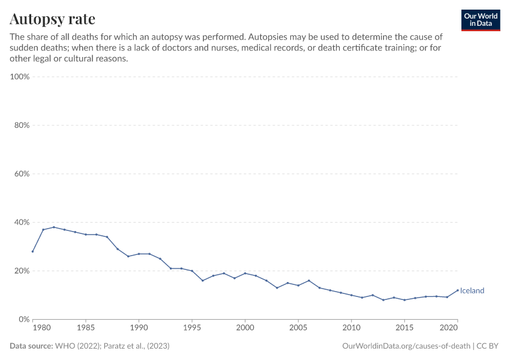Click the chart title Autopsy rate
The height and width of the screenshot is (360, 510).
(52, 19)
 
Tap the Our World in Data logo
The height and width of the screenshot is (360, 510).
(480, 20)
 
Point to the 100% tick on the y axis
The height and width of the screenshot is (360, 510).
(20, 77)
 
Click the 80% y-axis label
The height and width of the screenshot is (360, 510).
(22, 125)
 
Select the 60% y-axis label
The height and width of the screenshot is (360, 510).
(22, 174)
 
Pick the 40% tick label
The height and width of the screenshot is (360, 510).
(22, 222)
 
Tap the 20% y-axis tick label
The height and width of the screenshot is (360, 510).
(22, 271)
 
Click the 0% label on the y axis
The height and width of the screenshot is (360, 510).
(24, 319)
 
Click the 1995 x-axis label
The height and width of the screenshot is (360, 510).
(192, 329)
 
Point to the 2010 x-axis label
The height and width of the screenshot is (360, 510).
(351, 329)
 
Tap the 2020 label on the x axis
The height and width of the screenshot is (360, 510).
(449, 329)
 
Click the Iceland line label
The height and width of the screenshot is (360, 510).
(472, 291)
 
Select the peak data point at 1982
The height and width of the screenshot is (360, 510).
(54, 227)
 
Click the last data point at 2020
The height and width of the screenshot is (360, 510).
(457, 290)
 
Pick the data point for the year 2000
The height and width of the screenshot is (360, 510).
(245, 273)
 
